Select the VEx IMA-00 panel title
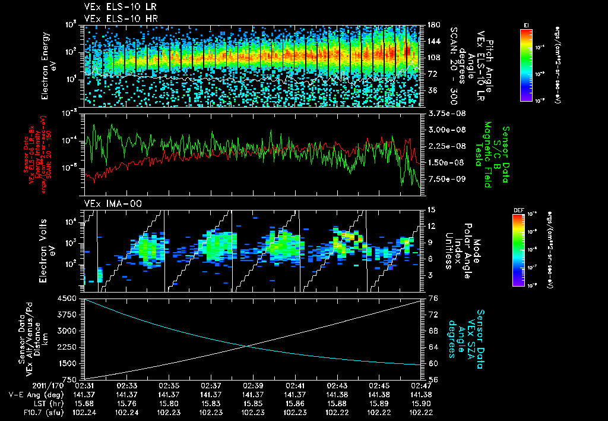(108, 203)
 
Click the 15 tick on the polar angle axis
(430, 210)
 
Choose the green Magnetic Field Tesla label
(488, 155)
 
